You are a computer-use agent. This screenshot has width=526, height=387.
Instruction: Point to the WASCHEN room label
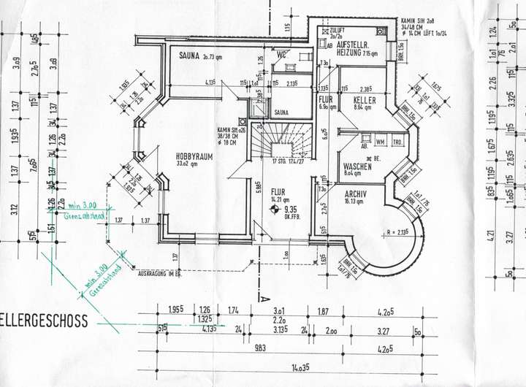[357, 166]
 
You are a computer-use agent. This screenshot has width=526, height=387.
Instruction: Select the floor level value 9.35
[294, 208]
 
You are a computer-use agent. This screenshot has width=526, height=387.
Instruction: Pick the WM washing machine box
[381, 142]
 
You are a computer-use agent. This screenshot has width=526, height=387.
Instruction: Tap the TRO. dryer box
[397, 142]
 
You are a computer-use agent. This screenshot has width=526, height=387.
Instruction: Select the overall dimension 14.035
[297, 367]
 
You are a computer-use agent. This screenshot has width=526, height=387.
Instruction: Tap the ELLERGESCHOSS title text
[44, 321]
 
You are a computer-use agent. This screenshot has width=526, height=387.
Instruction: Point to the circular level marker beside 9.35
[274, 208]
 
